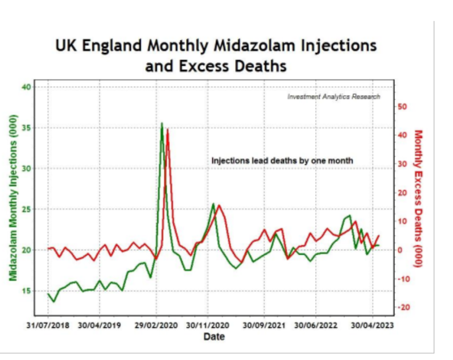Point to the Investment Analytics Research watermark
(334, 97)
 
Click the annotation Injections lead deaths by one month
(282, 161)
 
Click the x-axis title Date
(214, 337)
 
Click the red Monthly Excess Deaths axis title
(418, 198)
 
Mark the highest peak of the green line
(162, 124)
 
